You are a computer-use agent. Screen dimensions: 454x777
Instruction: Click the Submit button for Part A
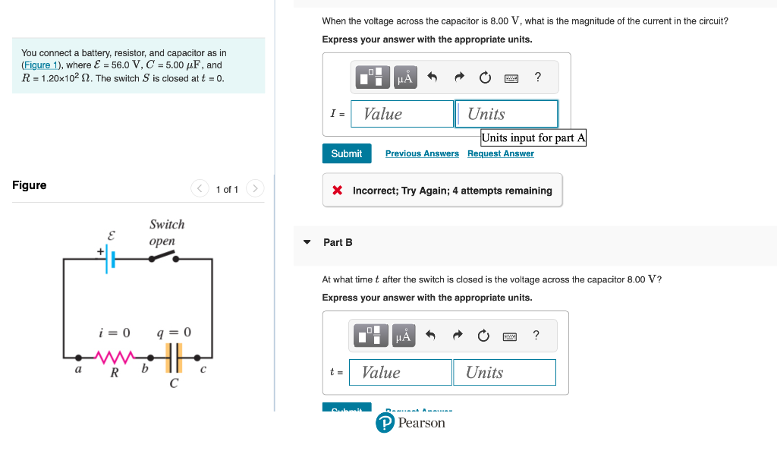(347, 153)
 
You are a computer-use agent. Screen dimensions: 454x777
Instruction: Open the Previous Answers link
(422, 153)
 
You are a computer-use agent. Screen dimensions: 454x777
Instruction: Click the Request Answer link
(500, 153)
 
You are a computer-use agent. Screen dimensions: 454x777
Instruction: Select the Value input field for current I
(402, 114)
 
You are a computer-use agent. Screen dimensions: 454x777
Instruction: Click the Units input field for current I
(507, 114)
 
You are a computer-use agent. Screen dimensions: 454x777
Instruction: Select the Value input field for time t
(401, 372)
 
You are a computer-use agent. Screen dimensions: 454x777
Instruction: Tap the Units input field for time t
(505, 372)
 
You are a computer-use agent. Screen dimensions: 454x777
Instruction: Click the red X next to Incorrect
(338, 191)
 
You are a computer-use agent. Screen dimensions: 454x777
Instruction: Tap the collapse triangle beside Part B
(307, 242)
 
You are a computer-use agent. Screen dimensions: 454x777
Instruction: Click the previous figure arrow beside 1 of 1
(200, 188)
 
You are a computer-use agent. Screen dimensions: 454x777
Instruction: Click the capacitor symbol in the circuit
(174, 355)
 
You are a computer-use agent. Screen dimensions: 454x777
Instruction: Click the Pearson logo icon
(385, 423)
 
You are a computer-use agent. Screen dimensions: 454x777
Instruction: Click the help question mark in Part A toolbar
(538, 77)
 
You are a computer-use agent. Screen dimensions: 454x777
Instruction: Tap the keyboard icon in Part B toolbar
(509, 336)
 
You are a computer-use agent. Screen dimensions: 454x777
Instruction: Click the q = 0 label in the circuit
(174, 333)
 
